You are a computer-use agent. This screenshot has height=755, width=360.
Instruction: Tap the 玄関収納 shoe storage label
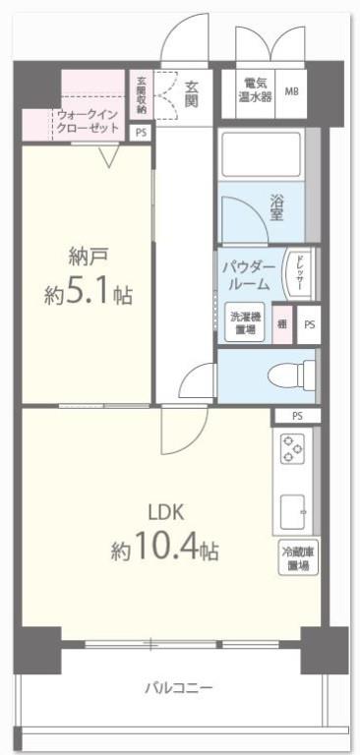pyautogui.click(x=142, y=94)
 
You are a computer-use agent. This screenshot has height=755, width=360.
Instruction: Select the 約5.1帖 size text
pyautogui.click(x=89, y=293)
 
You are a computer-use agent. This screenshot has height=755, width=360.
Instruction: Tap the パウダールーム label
pyautogui.click(x=248, y=274)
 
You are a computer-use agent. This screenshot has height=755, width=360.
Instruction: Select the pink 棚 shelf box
pyautogui.click(x=282, y=323)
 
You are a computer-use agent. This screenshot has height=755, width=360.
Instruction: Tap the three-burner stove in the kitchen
pyautogui.click(x=292, y=448)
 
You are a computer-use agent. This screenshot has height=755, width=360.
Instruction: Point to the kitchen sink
pyautogui.click(x=293, y=510)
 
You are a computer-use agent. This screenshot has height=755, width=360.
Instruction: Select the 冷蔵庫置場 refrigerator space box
pyautogui.click(x=297, y=559)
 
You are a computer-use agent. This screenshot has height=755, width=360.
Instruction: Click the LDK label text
pyautogui.click(x=165, y=511)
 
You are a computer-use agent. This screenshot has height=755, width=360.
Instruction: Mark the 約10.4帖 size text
pyautogui.click(x=165, y=551)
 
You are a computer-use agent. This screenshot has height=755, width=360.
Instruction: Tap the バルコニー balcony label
pyautogui.click(x=178, y=687)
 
